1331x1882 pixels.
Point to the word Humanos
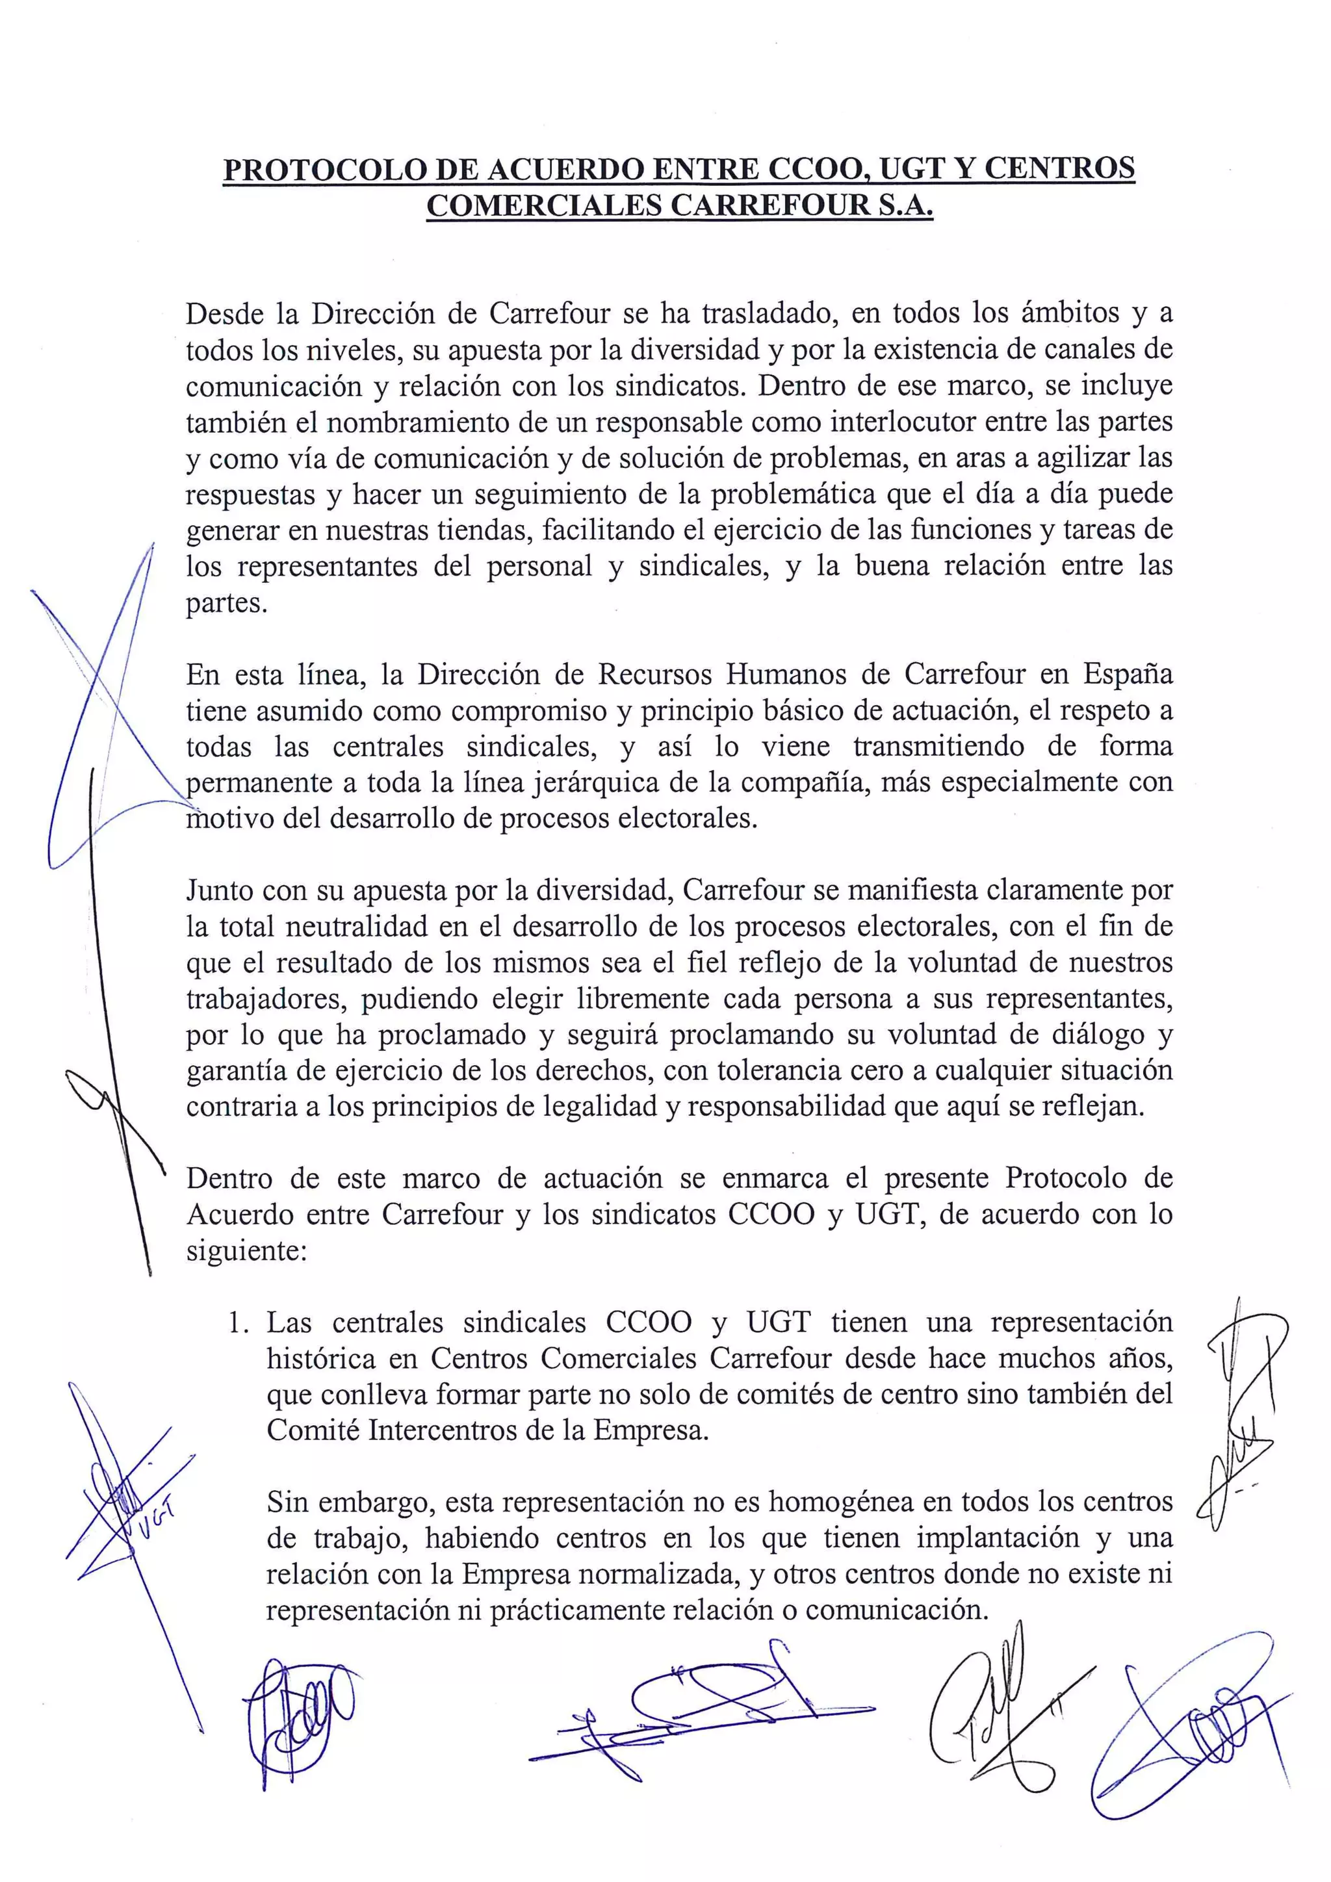[784, 674]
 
